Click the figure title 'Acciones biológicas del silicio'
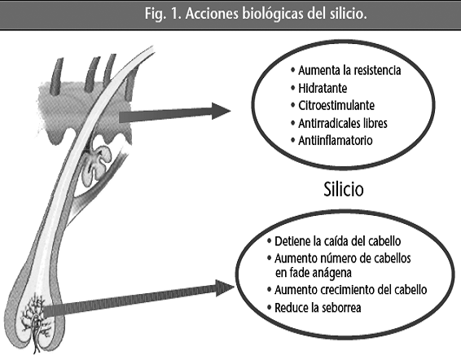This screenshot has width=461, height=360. (276, 14)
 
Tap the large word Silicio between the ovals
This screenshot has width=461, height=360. (344, 189)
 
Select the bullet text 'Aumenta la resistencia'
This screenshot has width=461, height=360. (349, 71)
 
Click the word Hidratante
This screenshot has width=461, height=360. (323, 88)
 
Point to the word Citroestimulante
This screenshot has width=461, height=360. (336, 106)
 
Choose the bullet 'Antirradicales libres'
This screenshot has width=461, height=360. (343, 123)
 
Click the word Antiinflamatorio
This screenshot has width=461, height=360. (336, 140)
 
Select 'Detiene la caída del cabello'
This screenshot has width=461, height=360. (337, 241)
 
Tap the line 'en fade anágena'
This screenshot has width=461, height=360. (314, 273)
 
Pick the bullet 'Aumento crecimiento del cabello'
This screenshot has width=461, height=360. (351, 290)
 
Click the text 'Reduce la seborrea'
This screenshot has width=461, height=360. (318, 308)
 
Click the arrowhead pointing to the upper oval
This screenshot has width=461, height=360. (221, 111)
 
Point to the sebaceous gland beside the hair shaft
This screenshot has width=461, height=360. (96, 165)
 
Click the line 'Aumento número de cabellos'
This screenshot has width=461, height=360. (343, 258)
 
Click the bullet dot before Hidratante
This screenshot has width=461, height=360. (292, 88)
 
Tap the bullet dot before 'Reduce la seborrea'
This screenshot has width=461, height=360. (269, 307)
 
